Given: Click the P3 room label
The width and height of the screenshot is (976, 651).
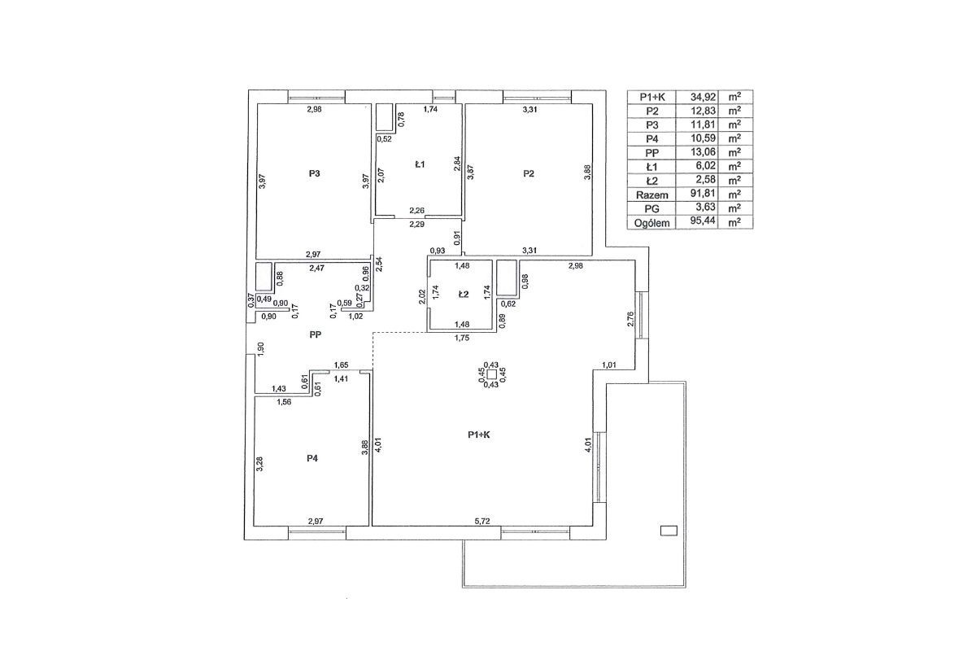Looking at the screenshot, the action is click(314, 173).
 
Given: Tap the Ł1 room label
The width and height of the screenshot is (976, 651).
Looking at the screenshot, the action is click(420, 164).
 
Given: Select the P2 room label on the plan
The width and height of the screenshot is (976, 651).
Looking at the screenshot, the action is click(529, 173).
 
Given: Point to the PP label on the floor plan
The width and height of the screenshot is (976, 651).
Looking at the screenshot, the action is click(315, 335).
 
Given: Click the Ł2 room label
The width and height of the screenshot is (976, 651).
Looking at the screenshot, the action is click(463, 294).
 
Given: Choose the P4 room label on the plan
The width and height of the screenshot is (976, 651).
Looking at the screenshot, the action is click(312, 458).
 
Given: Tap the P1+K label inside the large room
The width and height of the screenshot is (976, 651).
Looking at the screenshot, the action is click(479, 435).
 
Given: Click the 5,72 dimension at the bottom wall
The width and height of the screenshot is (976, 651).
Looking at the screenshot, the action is click(482, 521).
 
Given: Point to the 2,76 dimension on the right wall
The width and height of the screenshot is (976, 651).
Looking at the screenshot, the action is click(630, 319).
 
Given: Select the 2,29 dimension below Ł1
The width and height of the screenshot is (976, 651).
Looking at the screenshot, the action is click(417, 225).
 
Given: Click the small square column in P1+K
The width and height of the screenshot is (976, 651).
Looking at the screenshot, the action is click(492, 374).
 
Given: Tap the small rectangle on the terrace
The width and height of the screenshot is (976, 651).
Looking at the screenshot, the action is click(669, 531).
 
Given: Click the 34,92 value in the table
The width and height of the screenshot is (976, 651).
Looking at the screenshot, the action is click(703, 97).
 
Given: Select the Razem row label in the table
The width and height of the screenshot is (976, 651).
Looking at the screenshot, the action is click(651, 194).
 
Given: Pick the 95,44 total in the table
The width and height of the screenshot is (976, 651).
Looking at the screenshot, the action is click(703, 221).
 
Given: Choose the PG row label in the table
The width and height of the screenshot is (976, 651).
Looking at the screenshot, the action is click(651, 208).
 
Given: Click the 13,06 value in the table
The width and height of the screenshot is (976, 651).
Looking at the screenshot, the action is click(703, 152).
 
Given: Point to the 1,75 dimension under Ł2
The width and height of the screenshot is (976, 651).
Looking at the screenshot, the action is click(462, 338).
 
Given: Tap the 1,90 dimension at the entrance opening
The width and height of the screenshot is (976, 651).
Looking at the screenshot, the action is click(261, 349).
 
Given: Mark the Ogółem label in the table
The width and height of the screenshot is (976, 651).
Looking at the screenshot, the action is click(651, 223).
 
